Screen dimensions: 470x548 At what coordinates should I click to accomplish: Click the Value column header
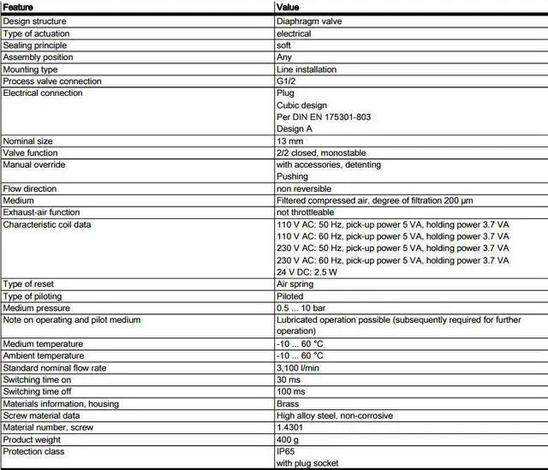tap(289, 7)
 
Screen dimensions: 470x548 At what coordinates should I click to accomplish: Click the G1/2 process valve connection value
tap(287, 81)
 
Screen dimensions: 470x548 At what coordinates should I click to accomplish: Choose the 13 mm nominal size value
tap(289, 140)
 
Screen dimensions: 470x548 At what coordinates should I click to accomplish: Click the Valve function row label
tap(30, 152)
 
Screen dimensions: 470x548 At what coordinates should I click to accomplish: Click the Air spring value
tap(295, 283)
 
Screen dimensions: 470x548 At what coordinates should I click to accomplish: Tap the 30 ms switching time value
tap(289, 379)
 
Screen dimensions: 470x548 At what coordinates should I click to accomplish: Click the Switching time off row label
tap(37, 391)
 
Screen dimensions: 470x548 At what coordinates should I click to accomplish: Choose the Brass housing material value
tap(288, 403)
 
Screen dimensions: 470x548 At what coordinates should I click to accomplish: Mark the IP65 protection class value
tap(286, 451)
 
